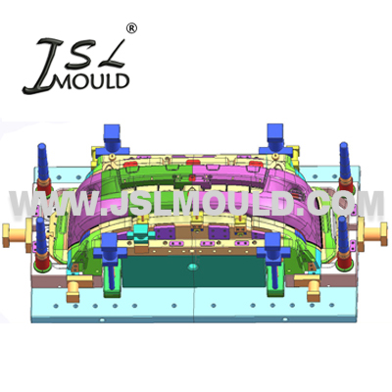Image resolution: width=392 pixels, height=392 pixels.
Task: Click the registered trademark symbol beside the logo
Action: tap(131, 28)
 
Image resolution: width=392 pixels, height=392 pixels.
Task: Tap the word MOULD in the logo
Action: tap(92, 81)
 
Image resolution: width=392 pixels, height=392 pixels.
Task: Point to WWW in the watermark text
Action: tap(53, 203)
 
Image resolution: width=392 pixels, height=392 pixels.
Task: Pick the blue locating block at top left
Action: tap(113, 139)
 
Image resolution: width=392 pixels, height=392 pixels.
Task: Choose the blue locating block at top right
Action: tap(275, 139)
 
